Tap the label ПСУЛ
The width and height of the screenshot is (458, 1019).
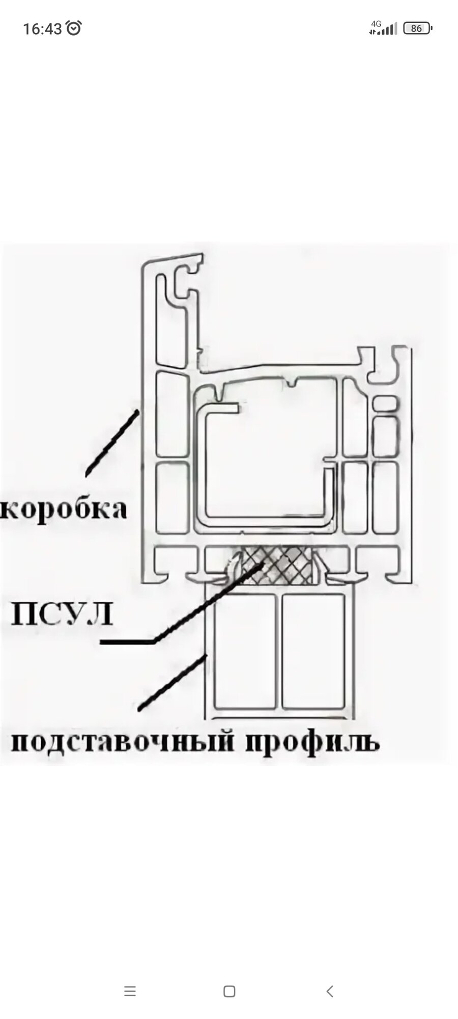pyautogui.click(x=61, y=615)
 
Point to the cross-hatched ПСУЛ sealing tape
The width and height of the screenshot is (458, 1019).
pyautogui.click(x=277, y=565)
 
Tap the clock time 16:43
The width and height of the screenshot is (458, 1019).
pyautogui.click(x=42, y=29)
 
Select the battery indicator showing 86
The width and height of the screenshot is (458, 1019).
pyautogui.click(x=417, y=29)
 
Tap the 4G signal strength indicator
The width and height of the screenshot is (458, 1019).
pyautogui.click(x=383, y=28)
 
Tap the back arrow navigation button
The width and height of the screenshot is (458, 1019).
pyautogui.click(x=330, y=991)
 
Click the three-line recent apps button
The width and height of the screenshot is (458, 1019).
pyautogui.click(x=130, y=991)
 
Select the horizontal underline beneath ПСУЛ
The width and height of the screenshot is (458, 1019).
pyautogui.click(x=127, y=642)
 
